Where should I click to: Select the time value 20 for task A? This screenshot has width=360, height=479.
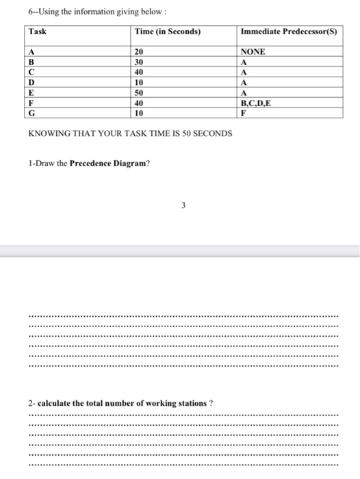(x=140, y=51)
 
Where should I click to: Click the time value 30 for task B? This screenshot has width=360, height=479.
(x=140, y=60)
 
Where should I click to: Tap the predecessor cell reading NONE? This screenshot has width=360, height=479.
(x=254, y=51)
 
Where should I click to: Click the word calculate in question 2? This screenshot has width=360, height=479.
(x=55, y=403)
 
